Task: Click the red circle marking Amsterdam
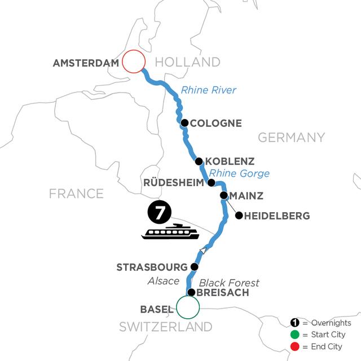(134, 61)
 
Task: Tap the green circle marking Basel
(188, 307)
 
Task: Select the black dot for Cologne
(184, 122)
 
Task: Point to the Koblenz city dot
(199, 161)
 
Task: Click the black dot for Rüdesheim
(212, 182)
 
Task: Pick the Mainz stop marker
(224, 196)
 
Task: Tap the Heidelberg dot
(239, 215)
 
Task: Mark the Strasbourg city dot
(195, 266)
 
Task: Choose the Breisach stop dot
(192, 292)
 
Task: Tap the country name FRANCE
(77, 194)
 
